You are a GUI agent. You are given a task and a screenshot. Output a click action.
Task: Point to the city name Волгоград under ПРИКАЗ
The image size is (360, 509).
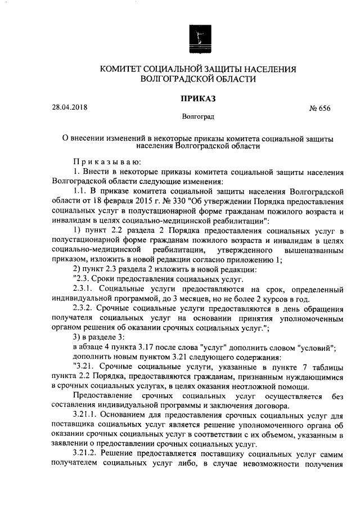tap(197, 118)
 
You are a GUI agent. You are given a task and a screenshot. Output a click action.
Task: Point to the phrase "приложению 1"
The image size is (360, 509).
tap(256, 259)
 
